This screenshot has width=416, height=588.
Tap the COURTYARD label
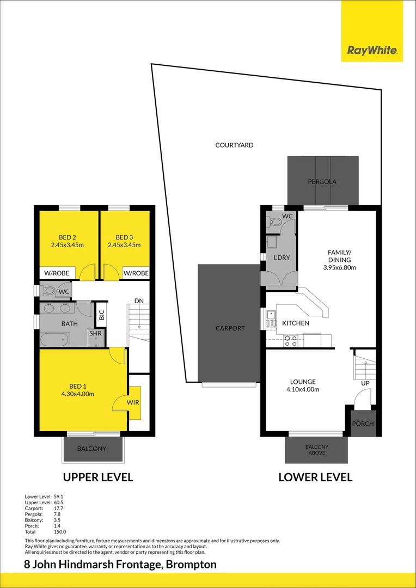[234, 145]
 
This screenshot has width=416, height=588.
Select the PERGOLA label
[322, 181]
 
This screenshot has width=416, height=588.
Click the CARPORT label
[230, 328]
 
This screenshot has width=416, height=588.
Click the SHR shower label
[96, 333]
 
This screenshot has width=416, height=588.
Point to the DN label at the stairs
[139, 301]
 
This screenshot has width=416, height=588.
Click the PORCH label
[363, 424]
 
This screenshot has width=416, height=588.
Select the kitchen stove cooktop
[291, 341]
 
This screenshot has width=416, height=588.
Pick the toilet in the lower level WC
[275, 222]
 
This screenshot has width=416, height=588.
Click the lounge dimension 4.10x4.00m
[303, 389]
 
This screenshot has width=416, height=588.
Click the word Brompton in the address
[192, 565]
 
